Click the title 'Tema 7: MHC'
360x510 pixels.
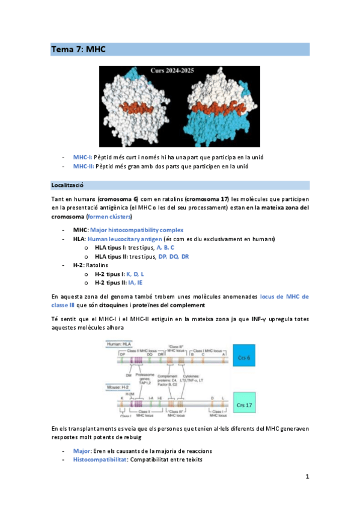[x=78, y=50]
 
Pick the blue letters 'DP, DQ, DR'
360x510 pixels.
[x=174, y=256]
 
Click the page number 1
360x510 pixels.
[x=307, y=477]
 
